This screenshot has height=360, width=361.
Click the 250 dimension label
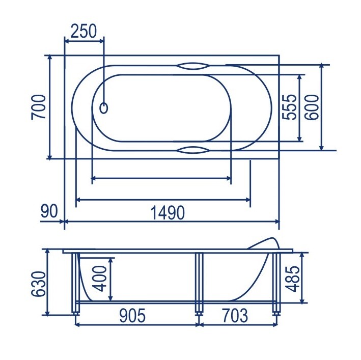(x=84, y=31)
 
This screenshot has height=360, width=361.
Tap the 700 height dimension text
(x=39, y=107)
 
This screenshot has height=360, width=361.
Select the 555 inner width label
(x=289, y=107)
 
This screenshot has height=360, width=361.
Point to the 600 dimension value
(x=312, y=107)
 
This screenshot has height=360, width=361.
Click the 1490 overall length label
(x=168, y=213)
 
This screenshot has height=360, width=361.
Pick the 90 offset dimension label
(x=49, y=211)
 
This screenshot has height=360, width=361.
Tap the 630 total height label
(x=38, y=284)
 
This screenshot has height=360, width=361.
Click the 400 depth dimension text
(x=99, y=279)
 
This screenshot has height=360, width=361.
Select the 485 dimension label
(x=292, y=279)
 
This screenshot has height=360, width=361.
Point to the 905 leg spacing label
(x=132, y=315)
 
